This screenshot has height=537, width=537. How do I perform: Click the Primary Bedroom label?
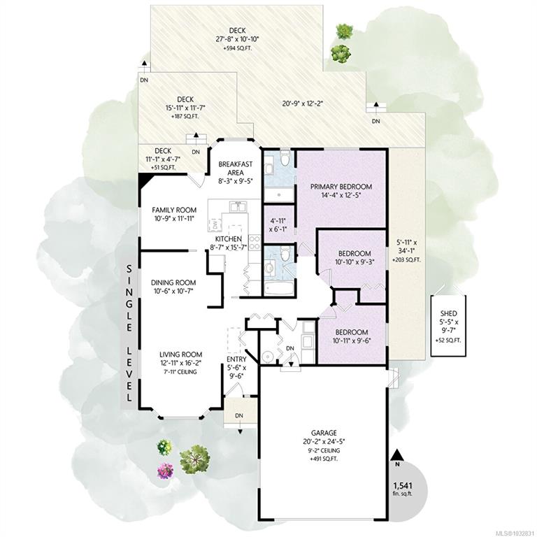tap(341, 187)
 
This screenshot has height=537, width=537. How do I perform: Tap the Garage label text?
tap(324, 433)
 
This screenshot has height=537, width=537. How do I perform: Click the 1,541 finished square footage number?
tap(403, 485)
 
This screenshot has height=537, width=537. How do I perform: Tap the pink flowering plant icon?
tap(166, 471)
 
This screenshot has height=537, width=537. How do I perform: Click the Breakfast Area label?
tap(236, 168)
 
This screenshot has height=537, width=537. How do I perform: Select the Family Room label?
tap(174, 210)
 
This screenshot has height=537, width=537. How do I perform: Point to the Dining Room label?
tap(173, 282)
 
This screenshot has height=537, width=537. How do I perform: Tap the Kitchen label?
tap(229, 239)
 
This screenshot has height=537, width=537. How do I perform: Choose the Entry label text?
tap(236, 359)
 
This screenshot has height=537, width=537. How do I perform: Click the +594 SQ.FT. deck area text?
tap(237, 48)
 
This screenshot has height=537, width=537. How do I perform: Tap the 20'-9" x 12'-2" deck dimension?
tap(303, 103)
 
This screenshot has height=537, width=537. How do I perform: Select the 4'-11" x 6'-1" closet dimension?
tap(277, 224)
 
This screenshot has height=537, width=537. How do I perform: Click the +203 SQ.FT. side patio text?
tap(406, 260)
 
